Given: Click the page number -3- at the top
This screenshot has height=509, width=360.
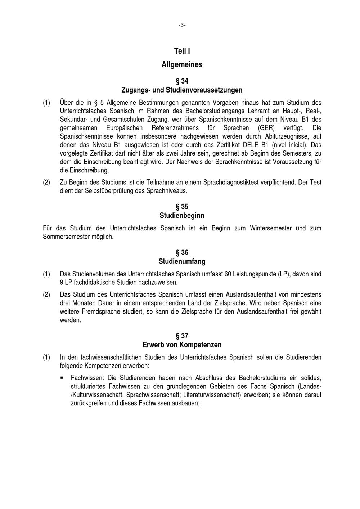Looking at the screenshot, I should (182, 25).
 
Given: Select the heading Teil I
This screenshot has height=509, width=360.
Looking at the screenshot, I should (182, 51).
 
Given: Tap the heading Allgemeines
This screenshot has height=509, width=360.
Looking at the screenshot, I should (182, 65).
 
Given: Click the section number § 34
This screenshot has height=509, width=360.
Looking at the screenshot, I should (182, 81).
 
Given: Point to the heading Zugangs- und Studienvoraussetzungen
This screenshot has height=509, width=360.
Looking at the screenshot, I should (182, 90).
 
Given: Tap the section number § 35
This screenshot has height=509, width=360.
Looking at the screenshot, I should (182, 207).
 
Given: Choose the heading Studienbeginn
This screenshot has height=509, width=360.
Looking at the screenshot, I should (182, 216).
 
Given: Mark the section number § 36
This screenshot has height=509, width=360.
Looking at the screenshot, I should (182, 253).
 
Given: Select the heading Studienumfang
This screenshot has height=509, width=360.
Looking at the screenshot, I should (182, 261).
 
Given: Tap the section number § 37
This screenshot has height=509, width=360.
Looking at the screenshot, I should (182, 336).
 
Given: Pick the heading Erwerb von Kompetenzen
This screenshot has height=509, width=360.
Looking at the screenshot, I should (182, 345).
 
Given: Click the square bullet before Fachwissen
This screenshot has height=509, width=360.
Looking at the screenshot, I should (62, 378).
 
